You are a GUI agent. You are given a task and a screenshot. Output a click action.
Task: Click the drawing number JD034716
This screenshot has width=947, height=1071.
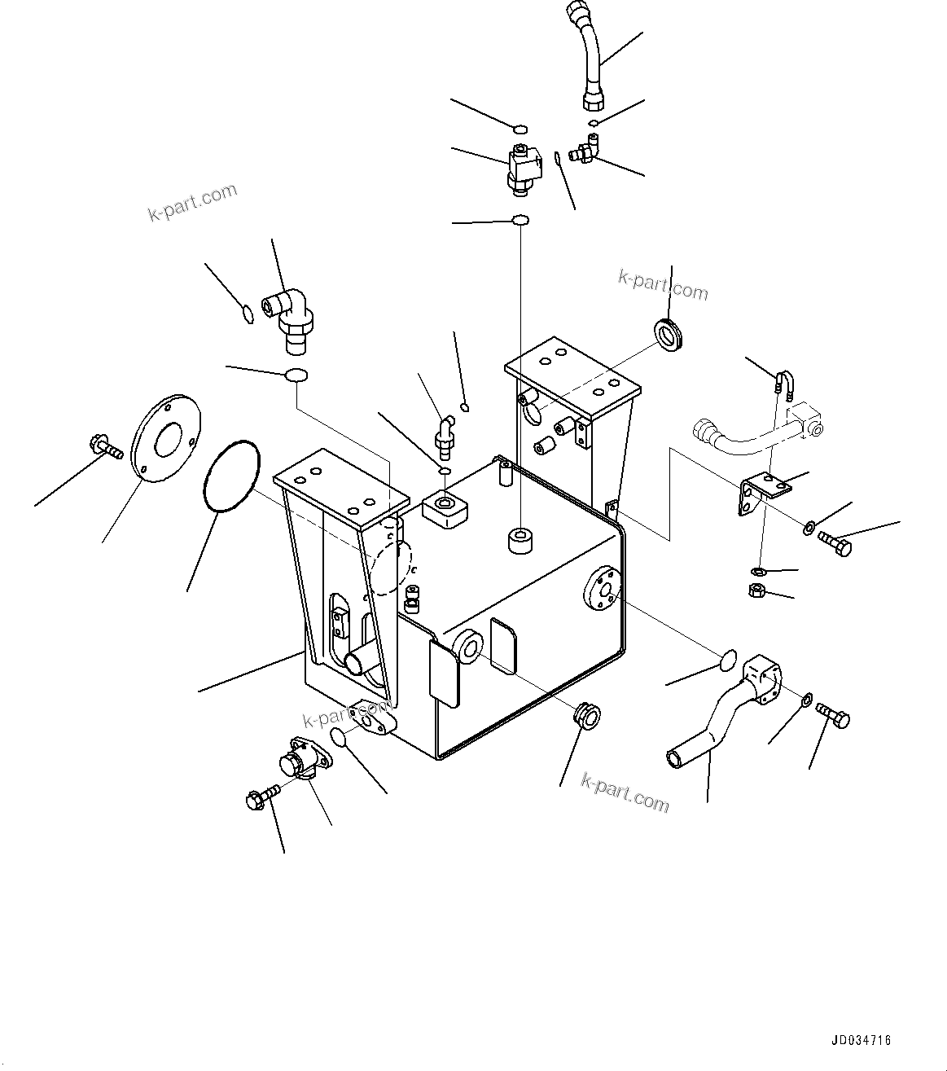(862, 1040)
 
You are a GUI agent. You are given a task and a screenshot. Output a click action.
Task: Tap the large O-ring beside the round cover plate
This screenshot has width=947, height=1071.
(230, 477)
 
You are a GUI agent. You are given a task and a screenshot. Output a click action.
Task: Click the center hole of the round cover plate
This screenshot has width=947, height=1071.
(169, 441)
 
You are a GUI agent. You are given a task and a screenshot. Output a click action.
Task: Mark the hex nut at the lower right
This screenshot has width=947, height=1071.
(756, 590)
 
